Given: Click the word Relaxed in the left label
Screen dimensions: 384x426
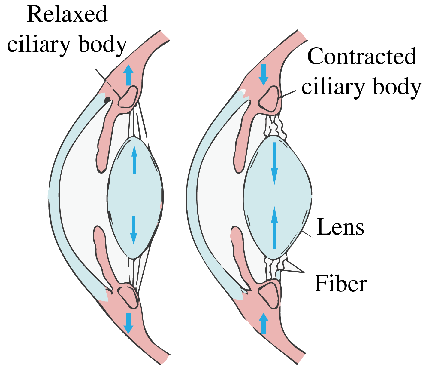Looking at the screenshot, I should [x=67, y=14].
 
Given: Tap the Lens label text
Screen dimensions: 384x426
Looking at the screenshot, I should [x=340, y=227].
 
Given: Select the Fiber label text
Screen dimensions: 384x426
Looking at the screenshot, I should [x=340, y=283].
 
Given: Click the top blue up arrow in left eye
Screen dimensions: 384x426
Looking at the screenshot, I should [x=128, y=75].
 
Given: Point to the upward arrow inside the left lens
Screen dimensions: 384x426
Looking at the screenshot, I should [x=134, y=159].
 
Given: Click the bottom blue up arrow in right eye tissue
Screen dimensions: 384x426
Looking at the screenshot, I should [x=264, y=323].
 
